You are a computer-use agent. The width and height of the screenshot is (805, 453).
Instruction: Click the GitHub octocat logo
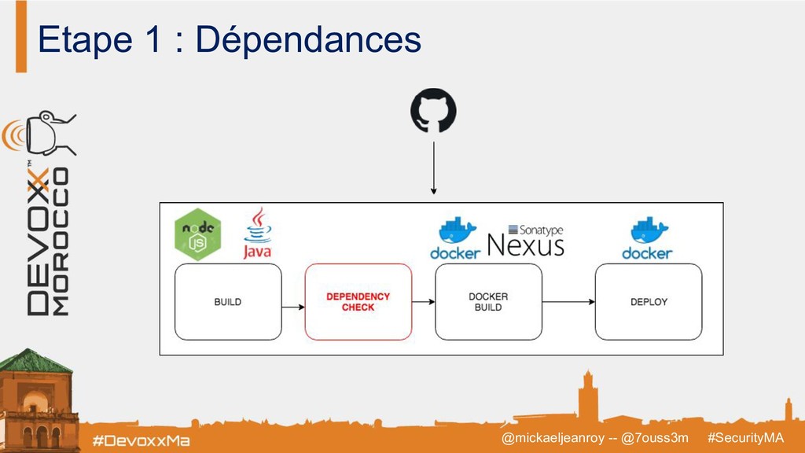point(432,111)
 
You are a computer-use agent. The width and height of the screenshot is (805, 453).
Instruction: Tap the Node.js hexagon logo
point(197,234)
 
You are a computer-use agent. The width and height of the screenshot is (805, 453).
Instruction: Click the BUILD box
point(228,301)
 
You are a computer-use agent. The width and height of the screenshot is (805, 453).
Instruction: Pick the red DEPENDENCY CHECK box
point(358,301)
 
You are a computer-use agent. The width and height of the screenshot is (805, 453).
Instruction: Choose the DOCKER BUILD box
point(488,301)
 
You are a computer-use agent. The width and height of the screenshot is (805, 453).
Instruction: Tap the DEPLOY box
point(649,301)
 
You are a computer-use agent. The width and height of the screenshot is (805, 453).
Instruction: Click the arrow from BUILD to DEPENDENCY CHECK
point(292,301)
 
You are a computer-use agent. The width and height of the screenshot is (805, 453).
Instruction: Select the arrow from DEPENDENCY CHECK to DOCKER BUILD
point(423,301)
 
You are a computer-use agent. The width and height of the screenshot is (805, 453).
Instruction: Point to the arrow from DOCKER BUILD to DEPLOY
point(568,301)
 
